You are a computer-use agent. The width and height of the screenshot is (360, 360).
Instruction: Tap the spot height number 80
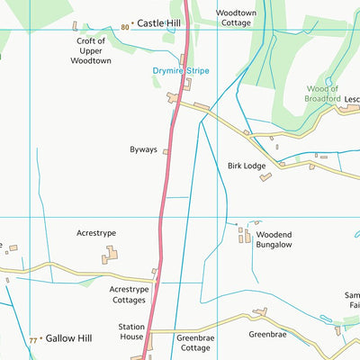coord(124,27)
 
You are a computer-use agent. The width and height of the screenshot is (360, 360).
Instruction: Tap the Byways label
coord(143,152)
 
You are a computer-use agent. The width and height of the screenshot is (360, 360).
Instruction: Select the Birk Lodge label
coord(246,166)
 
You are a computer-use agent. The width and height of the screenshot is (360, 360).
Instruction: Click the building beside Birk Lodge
coord(265,177)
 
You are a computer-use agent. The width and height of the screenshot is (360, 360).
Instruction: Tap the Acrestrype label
coord(96,233)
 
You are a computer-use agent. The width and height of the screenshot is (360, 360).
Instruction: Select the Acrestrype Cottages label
coord(129,295)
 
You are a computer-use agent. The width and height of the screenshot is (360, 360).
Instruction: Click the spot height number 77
coord(33,340)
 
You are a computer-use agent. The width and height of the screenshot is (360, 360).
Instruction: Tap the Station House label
coord(131,332)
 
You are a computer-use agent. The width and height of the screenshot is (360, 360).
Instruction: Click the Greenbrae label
coord(266,334)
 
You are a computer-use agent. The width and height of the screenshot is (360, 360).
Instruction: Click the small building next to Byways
coord(166,152)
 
